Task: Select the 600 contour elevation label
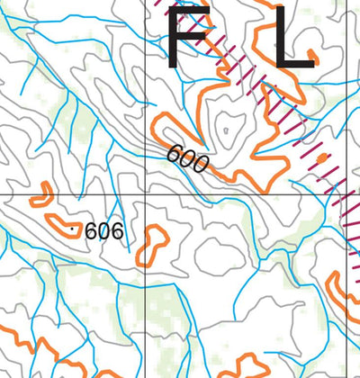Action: point(187,158)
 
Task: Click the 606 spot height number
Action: point(103,231)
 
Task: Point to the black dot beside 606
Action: point(72,229)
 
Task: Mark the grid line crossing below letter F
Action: point(146,194)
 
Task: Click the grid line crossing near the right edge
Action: point(348,194)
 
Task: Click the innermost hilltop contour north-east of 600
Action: point(229,125)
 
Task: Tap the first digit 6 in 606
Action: point(91,231)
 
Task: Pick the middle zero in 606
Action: point(103,231)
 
